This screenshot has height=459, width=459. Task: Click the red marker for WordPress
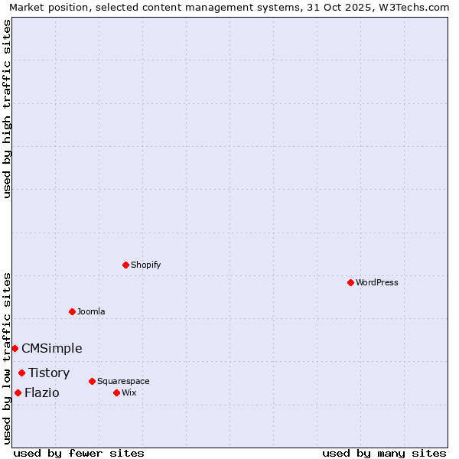point(350,282)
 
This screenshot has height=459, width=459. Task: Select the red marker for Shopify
point(125,265)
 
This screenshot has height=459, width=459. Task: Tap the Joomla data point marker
point(72,311)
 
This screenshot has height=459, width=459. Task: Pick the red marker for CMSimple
point(15,348)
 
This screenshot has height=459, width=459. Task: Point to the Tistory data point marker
point(21,373)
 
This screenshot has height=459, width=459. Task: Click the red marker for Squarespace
point(92,381)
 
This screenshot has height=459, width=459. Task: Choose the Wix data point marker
point(116,392)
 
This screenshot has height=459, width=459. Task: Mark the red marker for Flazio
point(18,392)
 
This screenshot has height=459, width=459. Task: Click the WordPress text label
point(377,282)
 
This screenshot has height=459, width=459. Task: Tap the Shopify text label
point(146,265)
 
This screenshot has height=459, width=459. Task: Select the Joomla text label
point(91,311)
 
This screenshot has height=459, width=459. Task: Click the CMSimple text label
point(52,349)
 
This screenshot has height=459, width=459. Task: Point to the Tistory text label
point(49,373)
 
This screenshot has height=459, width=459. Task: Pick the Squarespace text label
point(123,381)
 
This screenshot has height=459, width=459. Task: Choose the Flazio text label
point(41,393)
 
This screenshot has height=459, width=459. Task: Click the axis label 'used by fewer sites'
point(79,453)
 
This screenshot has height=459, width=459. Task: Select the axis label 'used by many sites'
point(384,453)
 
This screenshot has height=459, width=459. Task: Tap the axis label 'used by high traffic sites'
point(7,109)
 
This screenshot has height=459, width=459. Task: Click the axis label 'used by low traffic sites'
point(7,358)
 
